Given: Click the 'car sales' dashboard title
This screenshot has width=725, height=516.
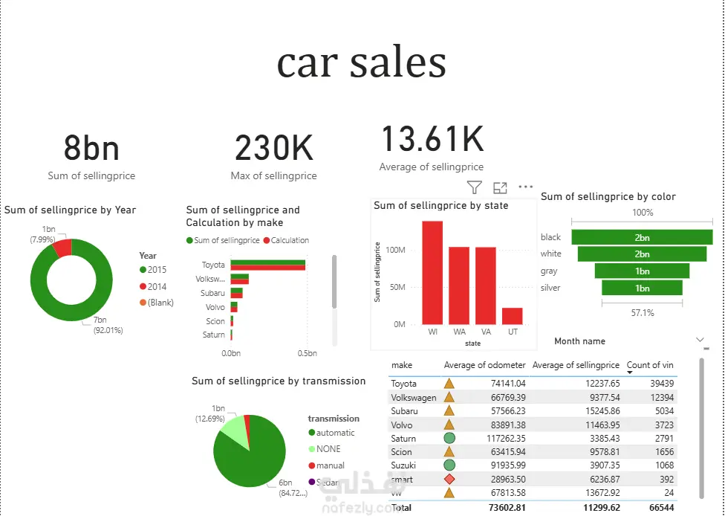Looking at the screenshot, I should pos(362,63).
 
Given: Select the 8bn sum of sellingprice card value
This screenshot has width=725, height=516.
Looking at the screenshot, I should pos(91,149).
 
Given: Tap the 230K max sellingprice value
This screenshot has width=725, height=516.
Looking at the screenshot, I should pos(273,149).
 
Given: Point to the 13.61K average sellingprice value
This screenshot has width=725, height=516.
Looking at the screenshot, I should pos(432,140).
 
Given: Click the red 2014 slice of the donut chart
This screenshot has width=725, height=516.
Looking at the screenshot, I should pos(62,247).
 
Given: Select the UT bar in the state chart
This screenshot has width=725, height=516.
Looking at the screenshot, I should pos(512,315).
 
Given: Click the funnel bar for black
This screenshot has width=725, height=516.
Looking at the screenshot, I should pos(642,237).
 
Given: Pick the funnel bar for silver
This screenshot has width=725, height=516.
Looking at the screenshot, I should pos(642,288).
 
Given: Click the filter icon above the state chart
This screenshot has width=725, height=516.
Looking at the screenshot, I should pos(474,187).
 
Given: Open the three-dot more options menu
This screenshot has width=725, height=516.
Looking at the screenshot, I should pos(526,187).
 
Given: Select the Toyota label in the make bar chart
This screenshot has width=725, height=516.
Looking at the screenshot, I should pos(213,265).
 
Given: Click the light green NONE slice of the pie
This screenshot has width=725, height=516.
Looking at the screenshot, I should pos(235,431).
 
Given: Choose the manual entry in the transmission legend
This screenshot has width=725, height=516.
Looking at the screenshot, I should pos(330,465).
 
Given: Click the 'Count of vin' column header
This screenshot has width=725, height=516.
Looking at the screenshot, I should pos(649,365).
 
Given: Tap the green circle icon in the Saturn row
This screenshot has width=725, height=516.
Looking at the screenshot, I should pos(449,439).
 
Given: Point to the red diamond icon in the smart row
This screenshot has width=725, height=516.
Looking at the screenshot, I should pos(449,480).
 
